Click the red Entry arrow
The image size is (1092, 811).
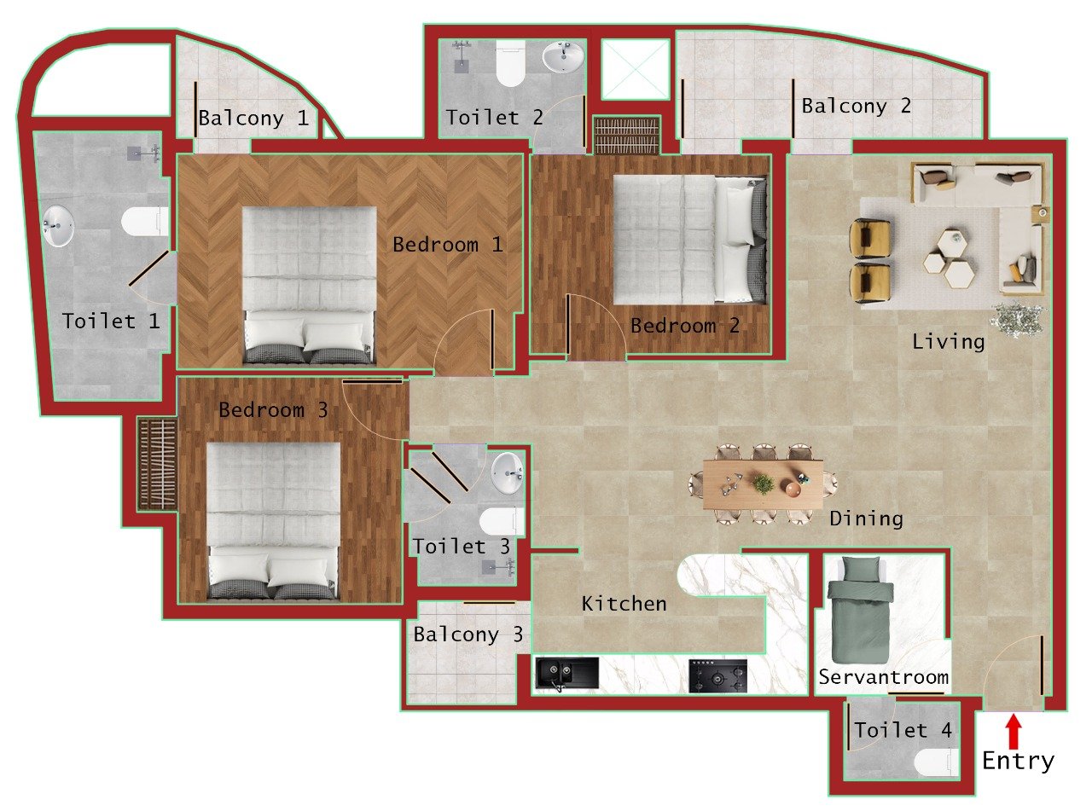pyautogui.click(x=1014, y=731)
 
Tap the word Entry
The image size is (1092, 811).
pyautogui.click(x=1018, y=761)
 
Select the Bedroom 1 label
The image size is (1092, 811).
pyautogui.click(x=448, y=245)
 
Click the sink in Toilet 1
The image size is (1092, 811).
pyautogui.click(x=57, y=225)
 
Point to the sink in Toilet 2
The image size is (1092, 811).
pyautogui.click(x=563, y=57)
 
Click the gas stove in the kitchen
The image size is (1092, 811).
pyautogui.click(x=717, y=675)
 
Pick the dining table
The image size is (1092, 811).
pyautogui.click(x=764, y=484)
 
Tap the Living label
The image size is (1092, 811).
pyautogui.click(x=949, y=342)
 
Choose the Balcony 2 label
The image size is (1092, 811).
pyautogui.click(x=857, y=107)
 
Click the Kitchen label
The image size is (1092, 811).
pyautogui.click(x=624, y=604)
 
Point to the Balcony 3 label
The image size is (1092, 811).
pyautogui.click(x=468, y=634)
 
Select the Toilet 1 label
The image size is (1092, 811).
pyautogui.click(x=111, y=322)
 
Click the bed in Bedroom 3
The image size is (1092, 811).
pyautogui.click(x=273, y=520)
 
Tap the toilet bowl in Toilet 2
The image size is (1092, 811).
pyautogui.click(x=510, y=65)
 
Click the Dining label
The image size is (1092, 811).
pyautogui.click(x=866, y=518)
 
